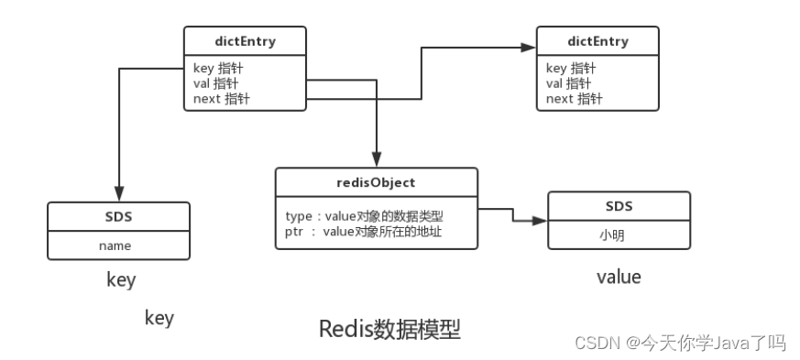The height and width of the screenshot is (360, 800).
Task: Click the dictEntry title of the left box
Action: [245, 41]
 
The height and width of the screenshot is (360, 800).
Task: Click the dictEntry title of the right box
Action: [597, 41]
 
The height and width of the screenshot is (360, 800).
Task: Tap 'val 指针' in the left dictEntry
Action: [215, 83]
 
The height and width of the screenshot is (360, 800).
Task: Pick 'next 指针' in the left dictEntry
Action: [221, 99]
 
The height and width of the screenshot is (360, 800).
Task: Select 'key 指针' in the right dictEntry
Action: [570, 68]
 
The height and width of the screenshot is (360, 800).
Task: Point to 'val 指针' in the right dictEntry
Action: [569, 83]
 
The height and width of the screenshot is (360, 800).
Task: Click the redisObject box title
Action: [377, 182]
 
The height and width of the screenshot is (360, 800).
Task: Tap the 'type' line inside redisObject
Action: [365, 215]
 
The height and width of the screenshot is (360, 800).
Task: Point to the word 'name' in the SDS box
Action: [115, 245]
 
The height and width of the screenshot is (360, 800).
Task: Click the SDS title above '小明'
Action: [618, 206]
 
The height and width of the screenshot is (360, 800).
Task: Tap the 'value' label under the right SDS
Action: [619, 277]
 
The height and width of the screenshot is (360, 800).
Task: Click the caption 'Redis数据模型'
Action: [389, 329]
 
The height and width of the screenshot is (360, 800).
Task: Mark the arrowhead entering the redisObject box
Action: [377, 158]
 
